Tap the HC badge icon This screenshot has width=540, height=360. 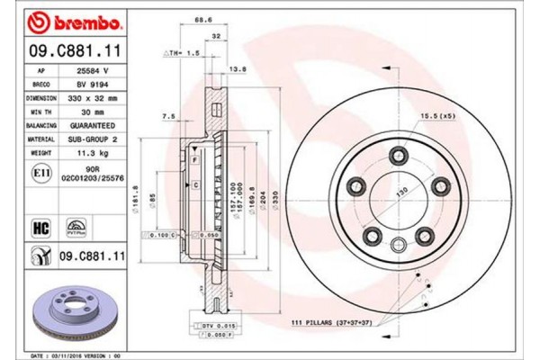pos(40,227)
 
